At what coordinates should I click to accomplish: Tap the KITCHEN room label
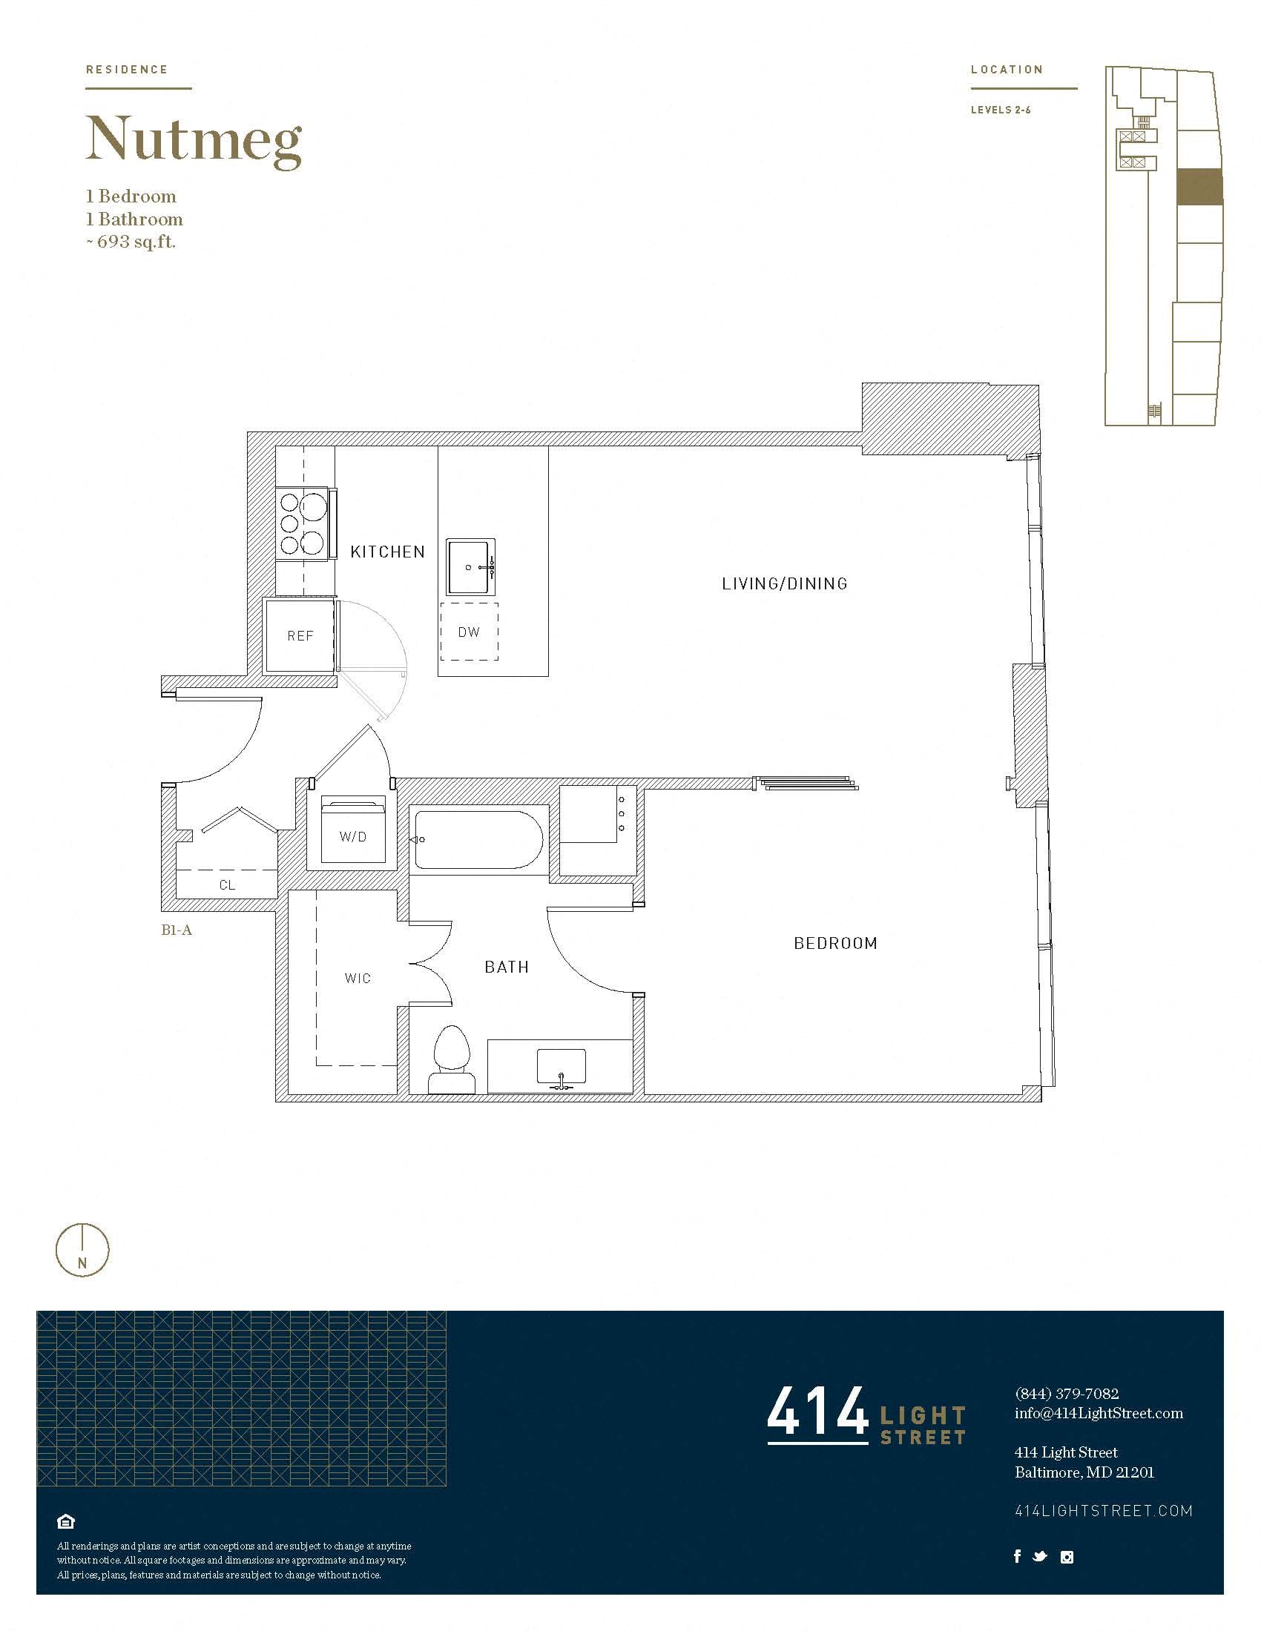(388, 552)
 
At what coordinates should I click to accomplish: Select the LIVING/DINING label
(784, 584)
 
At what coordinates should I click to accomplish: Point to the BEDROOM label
(835, 943)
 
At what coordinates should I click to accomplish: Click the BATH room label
(507, 967)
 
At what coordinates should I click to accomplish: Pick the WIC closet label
(358, 979)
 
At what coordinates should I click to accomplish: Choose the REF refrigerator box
(300, 635)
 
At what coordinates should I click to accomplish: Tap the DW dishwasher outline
(469, 632)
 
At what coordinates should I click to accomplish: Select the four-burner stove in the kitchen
(303, 523)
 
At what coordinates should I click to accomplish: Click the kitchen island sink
(470, 567)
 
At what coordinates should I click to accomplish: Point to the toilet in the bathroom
(452, 1060)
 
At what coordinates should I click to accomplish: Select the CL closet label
(227, 885)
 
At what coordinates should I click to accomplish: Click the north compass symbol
(82, 1250)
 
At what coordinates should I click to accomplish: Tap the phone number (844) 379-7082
(1067, 1394)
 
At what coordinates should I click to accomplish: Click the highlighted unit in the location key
(1199, 187)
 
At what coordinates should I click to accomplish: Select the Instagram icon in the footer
(1067, 1557)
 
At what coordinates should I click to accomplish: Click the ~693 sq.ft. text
(131, 242)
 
